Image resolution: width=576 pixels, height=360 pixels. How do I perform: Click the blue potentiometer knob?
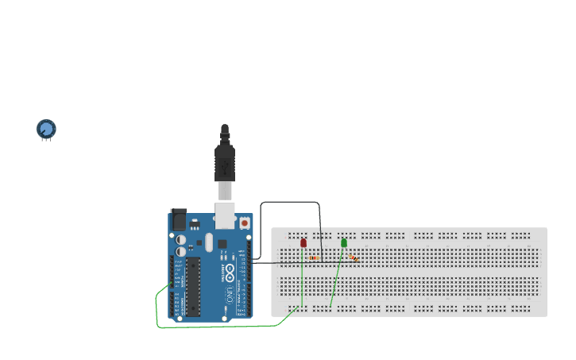pos(46,128)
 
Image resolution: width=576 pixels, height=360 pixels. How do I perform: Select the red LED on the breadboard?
pos(303,242)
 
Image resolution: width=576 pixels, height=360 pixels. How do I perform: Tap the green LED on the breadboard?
pos(344,242)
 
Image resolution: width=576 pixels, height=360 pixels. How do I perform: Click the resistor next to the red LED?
pos(315,257)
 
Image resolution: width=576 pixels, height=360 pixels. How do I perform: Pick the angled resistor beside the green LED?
pos(353,257)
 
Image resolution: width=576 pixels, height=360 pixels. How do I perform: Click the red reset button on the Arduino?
pos(244,224)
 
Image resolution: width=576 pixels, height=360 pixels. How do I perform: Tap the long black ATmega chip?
pos(193,286)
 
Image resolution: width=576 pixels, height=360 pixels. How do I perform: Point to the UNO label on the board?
pos(230,295)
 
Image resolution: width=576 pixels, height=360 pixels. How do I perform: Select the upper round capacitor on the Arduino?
pos(182,238)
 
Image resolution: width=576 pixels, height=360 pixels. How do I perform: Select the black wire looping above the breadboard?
pos(290,203)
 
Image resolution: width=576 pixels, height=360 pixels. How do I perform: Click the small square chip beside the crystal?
pos(222,244)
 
